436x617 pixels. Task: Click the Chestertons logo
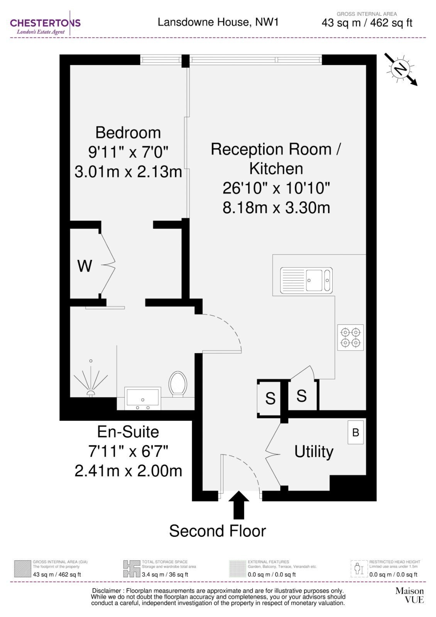coord(45,23)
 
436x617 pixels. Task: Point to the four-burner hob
coord(350,337)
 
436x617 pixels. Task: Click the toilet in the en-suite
coord(178,384)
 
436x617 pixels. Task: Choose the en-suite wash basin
coord(142,398)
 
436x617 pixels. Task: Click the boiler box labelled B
coord(355,432)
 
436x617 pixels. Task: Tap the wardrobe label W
coord(84,266)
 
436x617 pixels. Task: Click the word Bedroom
coord(128,133)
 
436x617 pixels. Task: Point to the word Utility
coord(314,452)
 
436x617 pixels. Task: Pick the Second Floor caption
coord(218,531)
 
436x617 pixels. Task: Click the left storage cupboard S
coord(270,398)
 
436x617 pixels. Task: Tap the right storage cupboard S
coord(301,396)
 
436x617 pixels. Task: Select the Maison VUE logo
coord(409,595)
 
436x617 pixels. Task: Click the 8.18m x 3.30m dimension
coord(276,208)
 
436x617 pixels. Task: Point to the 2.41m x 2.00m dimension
coord(128,471)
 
